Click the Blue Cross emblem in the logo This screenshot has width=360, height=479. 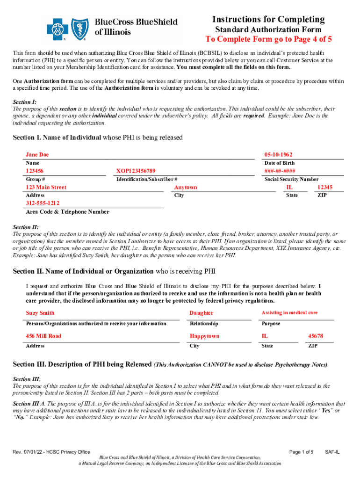coord(56,28)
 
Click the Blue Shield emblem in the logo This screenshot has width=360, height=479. coord(79,28)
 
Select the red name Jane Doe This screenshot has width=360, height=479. coord(37,155)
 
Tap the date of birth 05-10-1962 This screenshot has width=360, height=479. coord(279,155)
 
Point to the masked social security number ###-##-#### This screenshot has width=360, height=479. coord(280,171)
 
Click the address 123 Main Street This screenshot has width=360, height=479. coord(46,188)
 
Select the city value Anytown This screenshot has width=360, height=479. coord(186,188)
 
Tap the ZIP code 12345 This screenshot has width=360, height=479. coord(324,188)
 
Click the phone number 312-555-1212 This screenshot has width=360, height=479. coord(43,203)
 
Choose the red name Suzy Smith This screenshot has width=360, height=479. coord(40,313)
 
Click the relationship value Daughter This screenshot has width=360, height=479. coord(202,313)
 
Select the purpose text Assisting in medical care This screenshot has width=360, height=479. coord(289,312)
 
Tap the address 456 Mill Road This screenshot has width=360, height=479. coord(43,336)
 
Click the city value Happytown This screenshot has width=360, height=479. coord(204,336)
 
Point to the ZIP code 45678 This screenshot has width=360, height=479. coord(316,336)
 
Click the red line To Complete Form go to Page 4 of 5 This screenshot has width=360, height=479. coord(268,39)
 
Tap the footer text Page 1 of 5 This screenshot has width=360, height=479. coord(301,452)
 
